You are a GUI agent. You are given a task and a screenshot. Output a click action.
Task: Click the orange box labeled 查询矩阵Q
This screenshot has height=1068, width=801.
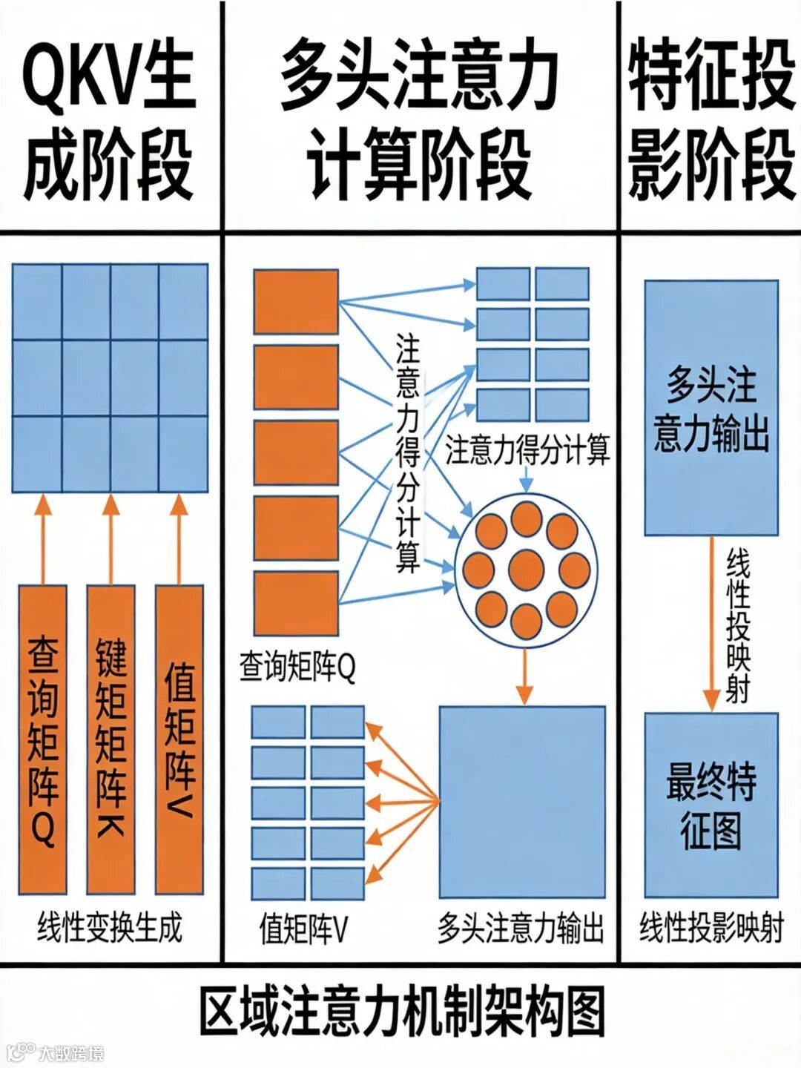42,739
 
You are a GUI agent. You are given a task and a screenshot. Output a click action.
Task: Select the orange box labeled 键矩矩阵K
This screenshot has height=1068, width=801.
111,739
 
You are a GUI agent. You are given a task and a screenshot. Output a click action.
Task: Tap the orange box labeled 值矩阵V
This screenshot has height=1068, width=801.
179,739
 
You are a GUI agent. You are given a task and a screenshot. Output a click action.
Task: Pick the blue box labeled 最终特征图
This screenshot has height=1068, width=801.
711,805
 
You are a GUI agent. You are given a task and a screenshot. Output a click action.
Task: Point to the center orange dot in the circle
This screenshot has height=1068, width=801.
527,569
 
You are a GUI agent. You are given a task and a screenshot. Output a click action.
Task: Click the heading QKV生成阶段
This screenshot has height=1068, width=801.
109,119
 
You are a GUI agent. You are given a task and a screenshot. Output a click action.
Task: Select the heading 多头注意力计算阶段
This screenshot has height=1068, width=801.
420,119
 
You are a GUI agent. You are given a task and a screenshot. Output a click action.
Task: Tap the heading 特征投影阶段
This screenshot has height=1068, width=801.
711,119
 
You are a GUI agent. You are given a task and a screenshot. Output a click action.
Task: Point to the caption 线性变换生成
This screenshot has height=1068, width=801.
109,928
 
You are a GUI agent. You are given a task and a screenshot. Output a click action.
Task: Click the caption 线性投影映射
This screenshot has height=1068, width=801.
711,928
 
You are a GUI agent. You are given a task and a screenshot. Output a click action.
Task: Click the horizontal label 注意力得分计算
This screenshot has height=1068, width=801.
527,450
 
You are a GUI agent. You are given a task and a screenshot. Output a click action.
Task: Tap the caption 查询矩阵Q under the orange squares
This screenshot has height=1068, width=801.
297,667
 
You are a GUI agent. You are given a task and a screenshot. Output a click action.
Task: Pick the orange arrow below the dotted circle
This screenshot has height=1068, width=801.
524,676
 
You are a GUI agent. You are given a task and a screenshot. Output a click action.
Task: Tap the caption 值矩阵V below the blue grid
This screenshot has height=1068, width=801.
303,928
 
